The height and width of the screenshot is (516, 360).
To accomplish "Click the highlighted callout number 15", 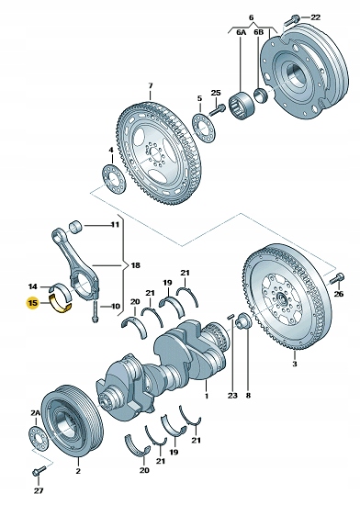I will pyautogui.click(x=33, y=301).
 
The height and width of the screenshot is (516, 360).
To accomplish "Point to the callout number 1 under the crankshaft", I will pyautogui.click(x=208, y=397).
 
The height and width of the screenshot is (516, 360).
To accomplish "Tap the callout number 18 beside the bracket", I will pyautogui.click(x=136, y=265).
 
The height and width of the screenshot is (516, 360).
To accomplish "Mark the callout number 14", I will pyautogui.click(x=33, y=286).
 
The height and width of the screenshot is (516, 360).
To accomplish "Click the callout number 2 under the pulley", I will pyautogui.click(x=78, y=471).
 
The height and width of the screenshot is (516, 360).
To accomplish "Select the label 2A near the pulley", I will pyautogui.click(x=36, y=414).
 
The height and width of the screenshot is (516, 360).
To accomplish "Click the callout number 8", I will pyautogui.click(x=248, y=397).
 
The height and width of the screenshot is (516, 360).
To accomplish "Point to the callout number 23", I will pyautogui.click(x=232, y=397).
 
